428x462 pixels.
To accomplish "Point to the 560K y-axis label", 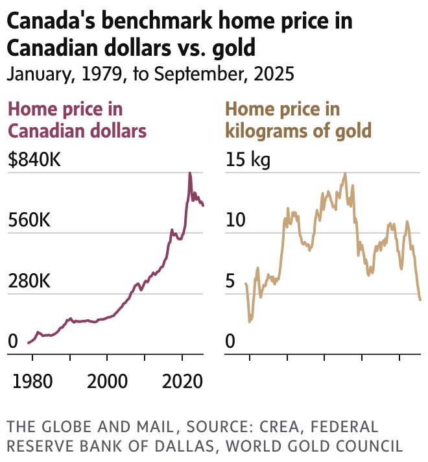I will (29, 221).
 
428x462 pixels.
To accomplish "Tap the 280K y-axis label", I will (29, 282).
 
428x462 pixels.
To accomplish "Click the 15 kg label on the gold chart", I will (247, 160).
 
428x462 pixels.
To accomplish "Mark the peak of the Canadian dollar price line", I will (190, 173).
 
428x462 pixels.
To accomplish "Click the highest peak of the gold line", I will (345, 173).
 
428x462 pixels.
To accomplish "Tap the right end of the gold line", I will (421, 300).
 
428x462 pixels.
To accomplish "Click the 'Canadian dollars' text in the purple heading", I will (77, 130).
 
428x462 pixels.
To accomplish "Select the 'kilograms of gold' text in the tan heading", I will (298, 130).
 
